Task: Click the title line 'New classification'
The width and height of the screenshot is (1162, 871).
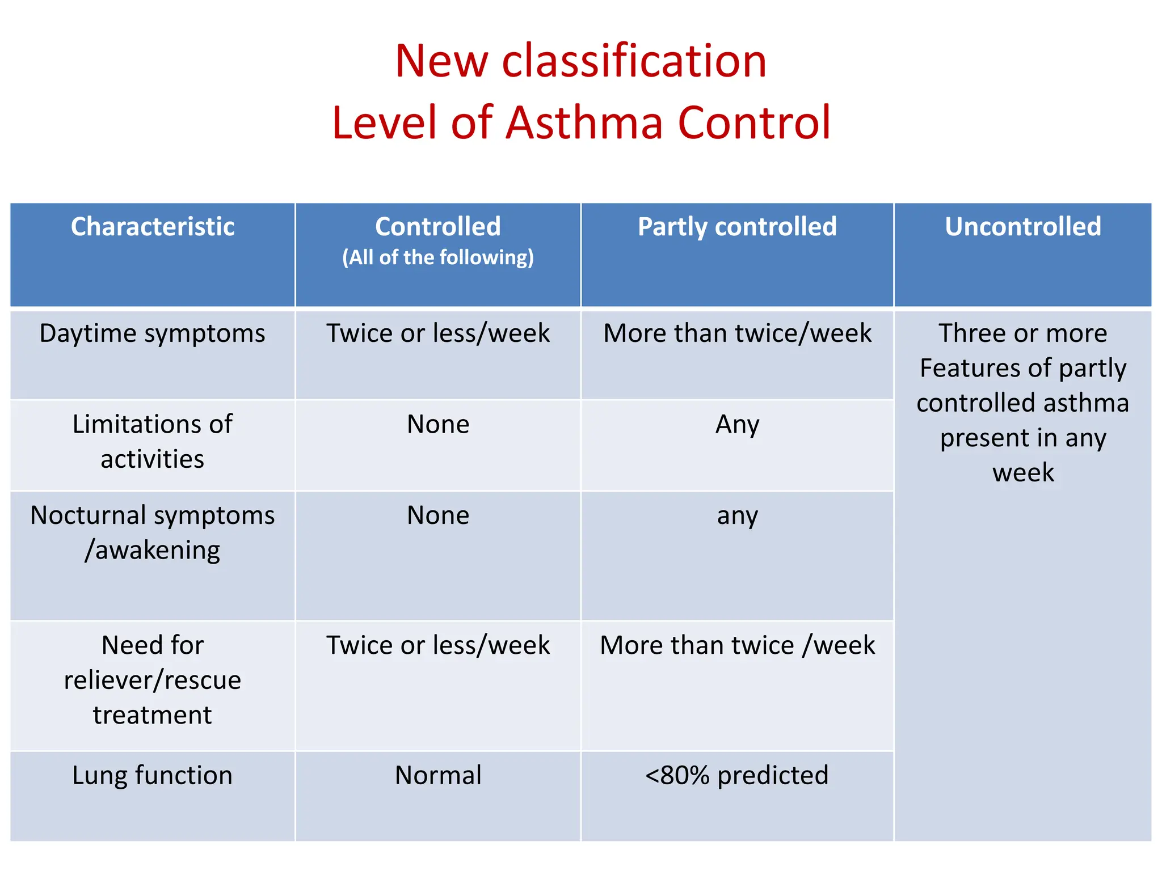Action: (580, 61)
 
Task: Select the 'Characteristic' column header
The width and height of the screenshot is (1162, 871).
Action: (153, 227)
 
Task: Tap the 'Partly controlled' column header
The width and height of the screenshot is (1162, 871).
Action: (737, 227)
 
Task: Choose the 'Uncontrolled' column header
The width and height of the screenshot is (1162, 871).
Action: (1022, 227)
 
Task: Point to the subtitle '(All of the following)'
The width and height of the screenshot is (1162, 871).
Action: (438, 257)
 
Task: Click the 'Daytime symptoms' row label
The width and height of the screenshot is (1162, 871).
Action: (153, 333)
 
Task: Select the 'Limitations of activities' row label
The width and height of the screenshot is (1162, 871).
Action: (153, 441)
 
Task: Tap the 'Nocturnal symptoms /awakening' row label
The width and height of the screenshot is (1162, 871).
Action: (153, 532)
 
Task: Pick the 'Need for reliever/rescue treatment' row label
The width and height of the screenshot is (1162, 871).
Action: (153, 679)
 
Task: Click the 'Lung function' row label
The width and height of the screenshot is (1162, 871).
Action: (153, 775)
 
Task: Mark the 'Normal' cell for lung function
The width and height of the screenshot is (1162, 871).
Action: (438, 775)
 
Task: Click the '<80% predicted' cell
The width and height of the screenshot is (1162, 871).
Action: (737, 775)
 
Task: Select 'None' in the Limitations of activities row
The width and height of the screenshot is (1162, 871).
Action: (438, 424)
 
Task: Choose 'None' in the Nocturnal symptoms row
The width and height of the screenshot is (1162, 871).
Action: (438, 515)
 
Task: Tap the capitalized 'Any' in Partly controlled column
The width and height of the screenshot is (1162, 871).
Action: (737, 424)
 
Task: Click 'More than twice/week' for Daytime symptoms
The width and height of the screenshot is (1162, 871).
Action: (737, 333)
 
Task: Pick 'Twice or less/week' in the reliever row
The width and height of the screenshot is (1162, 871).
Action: (438, 645)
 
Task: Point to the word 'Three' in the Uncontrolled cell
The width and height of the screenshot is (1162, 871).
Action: (968, 333)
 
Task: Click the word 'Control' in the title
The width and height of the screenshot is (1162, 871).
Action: (754, 122)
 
